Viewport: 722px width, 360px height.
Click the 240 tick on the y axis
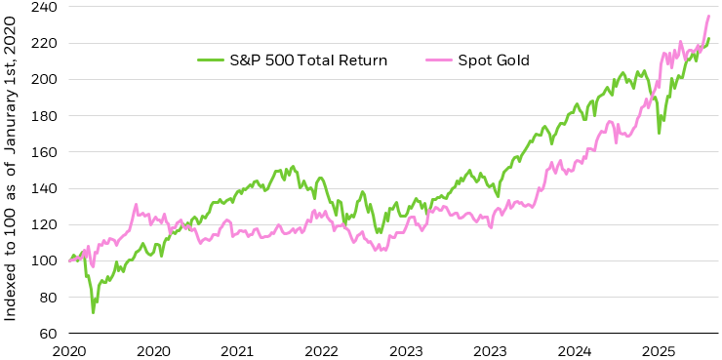coord(44,8)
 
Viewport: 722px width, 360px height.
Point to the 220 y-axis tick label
coord(44,44)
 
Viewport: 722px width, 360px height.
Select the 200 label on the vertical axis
coord(44,80)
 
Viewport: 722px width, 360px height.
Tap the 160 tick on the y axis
coord(44,152)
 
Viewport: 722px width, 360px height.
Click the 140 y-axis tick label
coord(44,188)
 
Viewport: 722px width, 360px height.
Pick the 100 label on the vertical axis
coord(44,260)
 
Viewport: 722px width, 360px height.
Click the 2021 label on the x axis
coord(238,349)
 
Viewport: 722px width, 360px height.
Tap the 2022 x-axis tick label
coord(322,349)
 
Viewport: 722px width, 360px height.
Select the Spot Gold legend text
coord(522,60)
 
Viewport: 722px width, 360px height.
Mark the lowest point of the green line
coord(94,312)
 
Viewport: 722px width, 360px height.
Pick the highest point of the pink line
coord(708,16)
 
